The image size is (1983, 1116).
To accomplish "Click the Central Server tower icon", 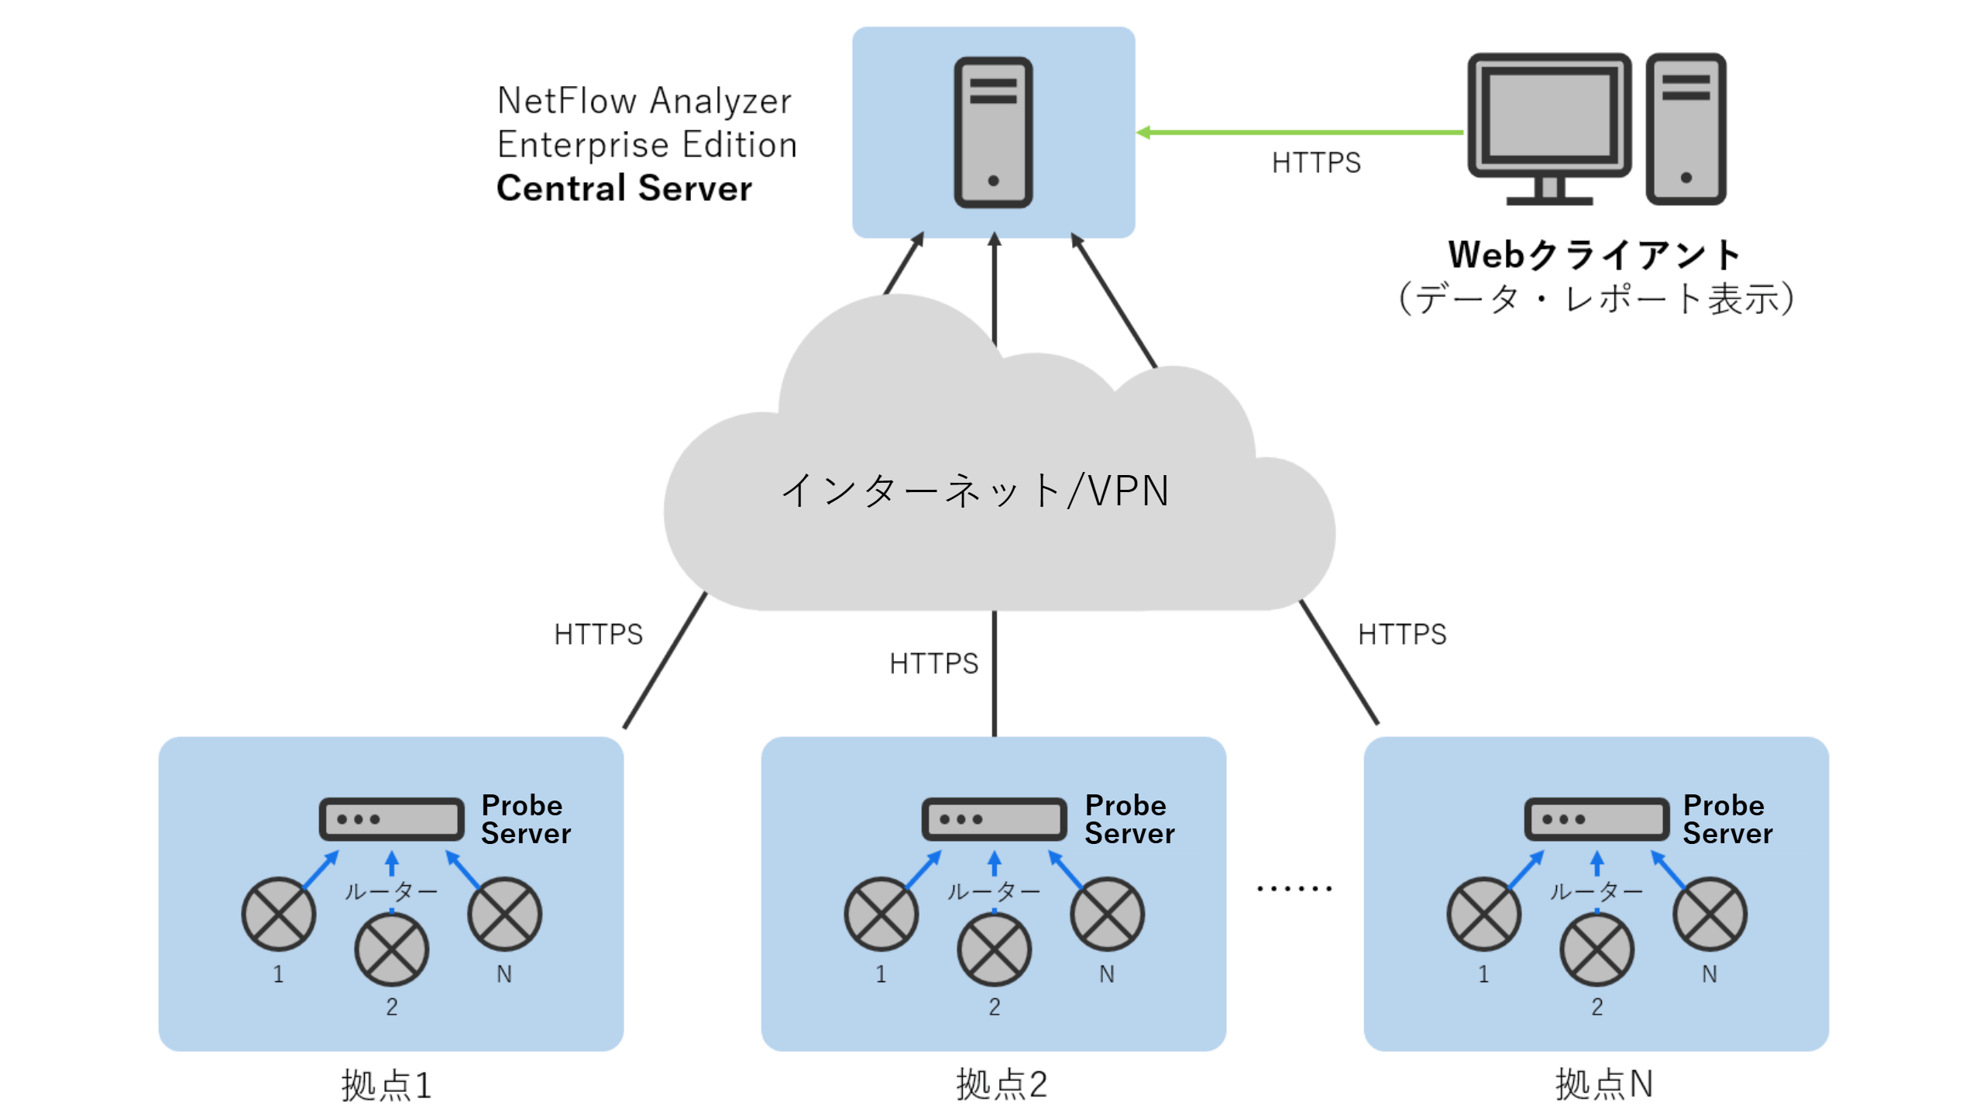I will pos(993,132).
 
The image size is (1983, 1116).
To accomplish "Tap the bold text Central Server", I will pos(624,188).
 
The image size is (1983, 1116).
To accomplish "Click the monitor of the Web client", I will pos(1549,116).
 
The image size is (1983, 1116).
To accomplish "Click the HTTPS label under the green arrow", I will pos(1316,163).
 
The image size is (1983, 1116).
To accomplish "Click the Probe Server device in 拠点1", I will pos(391,819).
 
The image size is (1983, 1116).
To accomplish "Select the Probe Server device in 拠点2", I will pos(994,819).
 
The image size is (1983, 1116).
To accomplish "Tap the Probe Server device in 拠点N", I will pos(1596,819).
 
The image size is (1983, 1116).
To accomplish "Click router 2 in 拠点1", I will pos(391,949).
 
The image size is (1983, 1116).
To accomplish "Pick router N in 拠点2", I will pos(1107,914).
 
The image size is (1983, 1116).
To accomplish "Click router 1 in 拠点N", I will pos(1483,914).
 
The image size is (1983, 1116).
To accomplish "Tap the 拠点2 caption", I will pos(1002,1084).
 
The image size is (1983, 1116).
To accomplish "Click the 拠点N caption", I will pos(1604,1084).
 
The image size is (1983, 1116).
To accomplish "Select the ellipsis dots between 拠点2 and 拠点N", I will pos(1294,888).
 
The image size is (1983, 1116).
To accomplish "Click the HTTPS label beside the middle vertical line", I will pos(933,663).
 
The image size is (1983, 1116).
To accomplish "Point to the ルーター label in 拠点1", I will pos(391,891).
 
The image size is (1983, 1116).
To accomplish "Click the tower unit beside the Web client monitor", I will pos(1686,128).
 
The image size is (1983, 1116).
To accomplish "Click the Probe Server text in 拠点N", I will pos(1727,819).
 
